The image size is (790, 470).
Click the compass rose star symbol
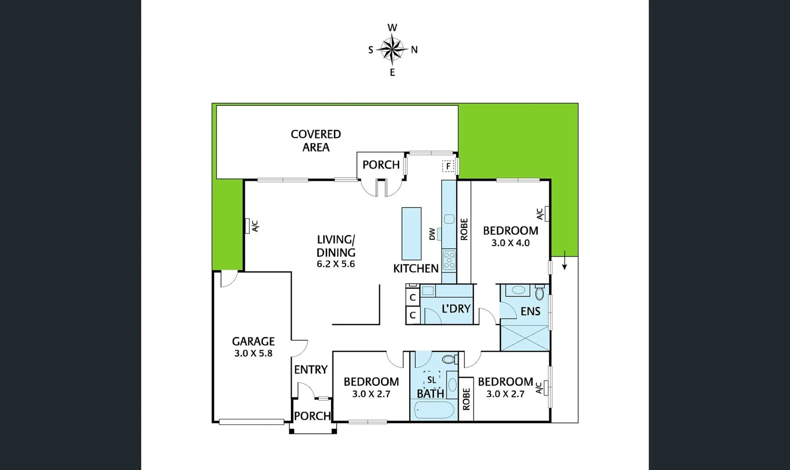(x=392, y=49)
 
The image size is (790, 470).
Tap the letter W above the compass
(x=392, y=28)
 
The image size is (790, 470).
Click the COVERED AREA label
(x=316, y=141)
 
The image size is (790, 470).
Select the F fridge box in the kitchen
(x=448, y=166)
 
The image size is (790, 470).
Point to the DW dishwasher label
(x=432, y=234)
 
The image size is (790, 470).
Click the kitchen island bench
(x=411, y=234)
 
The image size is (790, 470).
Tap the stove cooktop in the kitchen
(x=449, y=260)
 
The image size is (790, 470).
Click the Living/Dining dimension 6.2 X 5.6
(x=336, y=264)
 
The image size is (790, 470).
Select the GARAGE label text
(x=253, y=341)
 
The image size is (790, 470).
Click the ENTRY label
(x=311, y=370)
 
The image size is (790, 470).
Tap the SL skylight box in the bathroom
(x=432, y=380)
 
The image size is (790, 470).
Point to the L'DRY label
(x=456, y=309)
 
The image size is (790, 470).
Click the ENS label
(x=530, y=311)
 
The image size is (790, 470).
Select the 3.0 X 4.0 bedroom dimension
(x=510, y=243)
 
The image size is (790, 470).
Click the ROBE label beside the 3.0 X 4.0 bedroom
(x=464, y=229)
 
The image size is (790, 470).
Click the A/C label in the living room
(x=255, y=226)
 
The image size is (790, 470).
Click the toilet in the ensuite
(x=539, y=292)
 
